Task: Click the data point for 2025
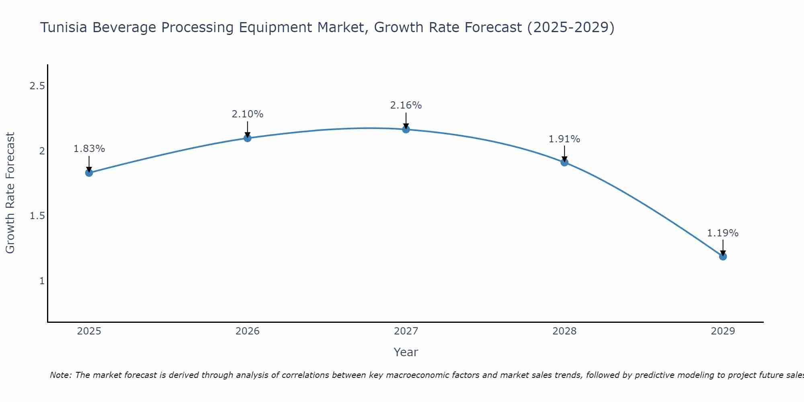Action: pos(89,173)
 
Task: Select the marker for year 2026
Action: pos(248,138)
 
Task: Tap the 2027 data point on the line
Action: pos(406,129)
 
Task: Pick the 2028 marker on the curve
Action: pos(564,162)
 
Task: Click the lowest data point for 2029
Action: pos(723,256)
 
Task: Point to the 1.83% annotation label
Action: pos(89,149)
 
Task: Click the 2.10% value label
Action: pos(248,114)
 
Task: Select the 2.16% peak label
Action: pos(406,105)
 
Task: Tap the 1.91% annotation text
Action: pos(564,139)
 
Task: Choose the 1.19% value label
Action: pos(723,233)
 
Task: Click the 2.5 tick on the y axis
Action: pos(37,86)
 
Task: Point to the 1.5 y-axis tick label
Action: pos(37,216)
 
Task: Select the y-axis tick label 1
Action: pos(42,281)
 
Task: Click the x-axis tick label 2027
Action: pos(406,331)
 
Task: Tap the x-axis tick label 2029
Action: pos(723,331)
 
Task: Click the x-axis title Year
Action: pos(406,352)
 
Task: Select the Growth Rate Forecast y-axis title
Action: pos(10,193)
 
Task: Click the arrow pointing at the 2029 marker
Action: pos(723,247)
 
